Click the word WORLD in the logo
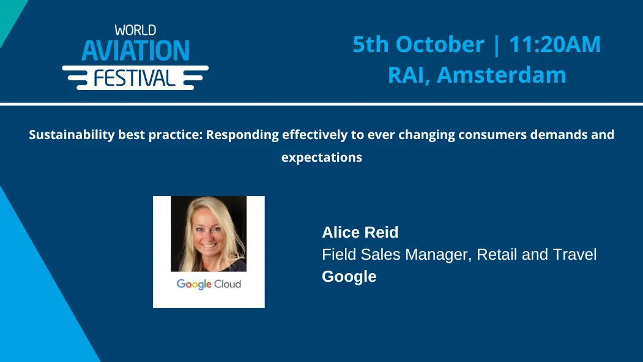[135, 29]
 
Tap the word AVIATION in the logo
[135, 51]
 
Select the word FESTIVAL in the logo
[135, 78]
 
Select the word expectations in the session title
[321, 157]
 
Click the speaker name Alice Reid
[360, 233]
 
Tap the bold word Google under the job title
[349, 277]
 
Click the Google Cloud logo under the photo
[209, 284]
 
